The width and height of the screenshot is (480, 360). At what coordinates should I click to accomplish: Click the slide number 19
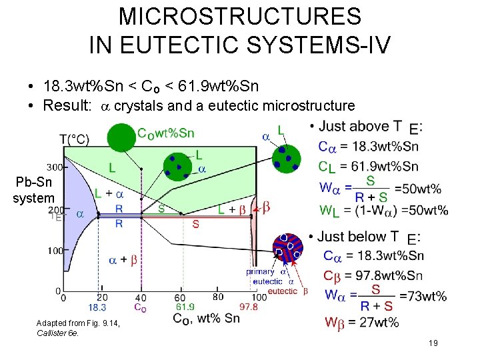(x=433, y=343)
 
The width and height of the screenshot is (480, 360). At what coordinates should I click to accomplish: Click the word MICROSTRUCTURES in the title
(x=240, y=16)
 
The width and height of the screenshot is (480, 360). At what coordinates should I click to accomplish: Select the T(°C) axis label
(x=75, y=139)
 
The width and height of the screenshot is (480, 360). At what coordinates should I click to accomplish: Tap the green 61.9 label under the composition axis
(x=185, y=307)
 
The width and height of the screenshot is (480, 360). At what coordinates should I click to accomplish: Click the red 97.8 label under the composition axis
(x=248, y=307)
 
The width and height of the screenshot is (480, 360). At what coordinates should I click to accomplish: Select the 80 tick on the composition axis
(x=218, y=297)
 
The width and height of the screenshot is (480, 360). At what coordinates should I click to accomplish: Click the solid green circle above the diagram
(x=121, y=137)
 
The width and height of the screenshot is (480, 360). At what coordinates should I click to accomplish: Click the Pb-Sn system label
(x=33, y=190)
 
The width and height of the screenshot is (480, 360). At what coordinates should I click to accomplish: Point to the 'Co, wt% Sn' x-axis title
(x=207, y=319)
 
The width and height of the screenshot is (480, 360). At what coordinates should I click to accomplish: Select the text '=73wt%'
(x=423, y=296)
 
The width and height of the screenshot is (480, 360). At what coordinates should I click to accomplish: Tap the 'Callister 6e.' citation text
(x=58, y=333)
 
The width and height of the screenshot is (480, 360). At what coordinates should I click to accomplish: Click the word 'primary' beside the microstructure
(x=260, y=271)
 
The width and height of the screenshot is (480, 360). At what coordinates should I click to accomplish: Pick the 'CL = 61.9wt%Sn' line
(x=368, y=167)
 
